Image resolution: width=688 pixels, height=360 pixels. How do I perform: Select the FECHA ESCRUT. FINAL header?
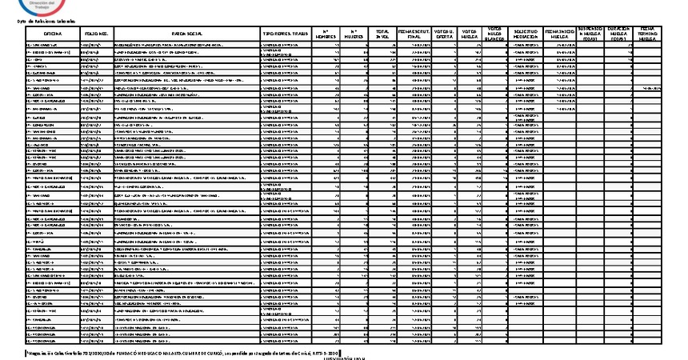pos(415,34)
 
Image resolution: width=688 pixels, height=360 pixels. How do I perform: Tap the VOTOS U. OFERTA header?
pos(446,34)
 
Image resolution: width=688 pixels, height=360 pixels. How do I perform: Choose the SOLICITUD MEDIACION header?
pos(524,34)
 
